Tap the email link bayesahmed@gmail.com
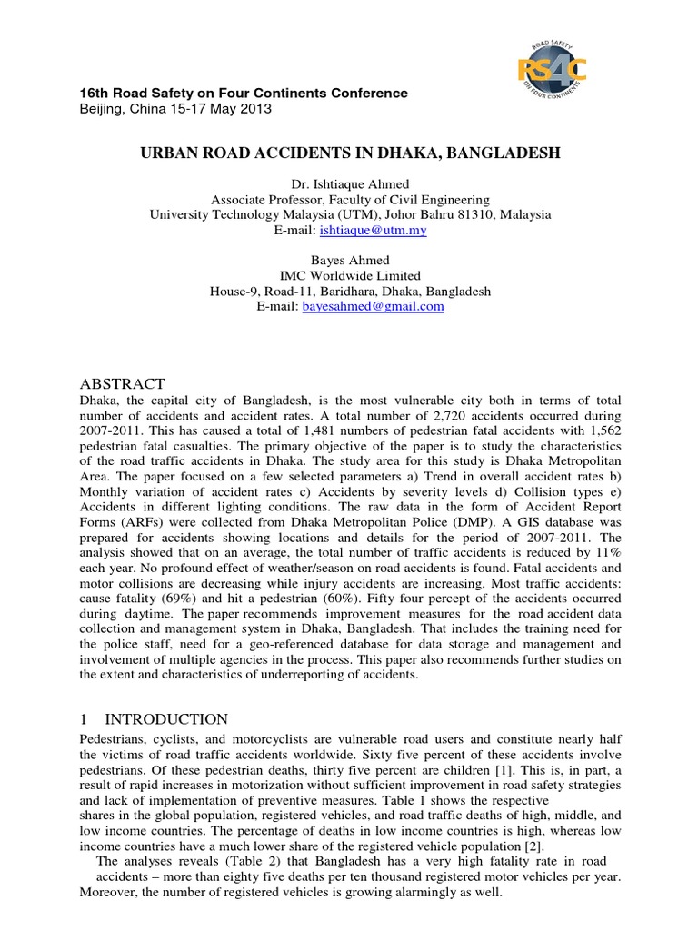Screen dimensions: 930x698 pyautogui.click(x=390, y=307)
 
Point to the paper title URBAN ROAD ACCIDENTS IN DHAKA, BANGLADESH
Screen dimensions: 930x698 pyautogui.click(x=349, y=154)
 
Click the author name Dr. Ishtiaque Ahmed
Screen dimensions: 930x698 pyautogui.click(x=349, y=184)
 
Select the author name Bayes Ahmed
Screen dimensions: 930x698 pyautogui.click(x=349, y=261)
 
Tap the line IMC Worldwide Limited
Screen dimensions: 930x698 pyautogui.click(x=349, y=276)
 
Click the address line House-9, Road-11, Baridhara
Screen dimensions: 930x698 pyautogui.click(x=349, y=292)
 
